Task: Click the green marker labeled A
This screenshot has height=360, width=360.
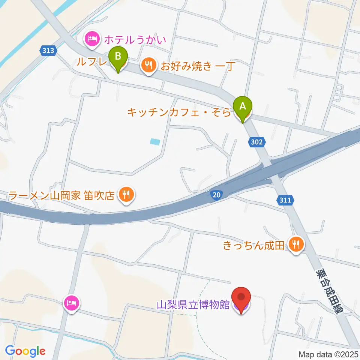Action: point(243,106)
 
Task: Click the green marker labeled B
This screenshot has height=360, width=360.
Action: point(118,58)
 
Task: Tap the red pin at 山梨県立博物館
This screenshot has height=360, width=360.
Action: point(241,298)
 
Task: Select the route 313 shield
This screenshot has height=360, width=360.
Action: point(48,50)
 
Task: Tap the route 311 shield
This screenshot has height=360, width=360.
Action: point(285,200)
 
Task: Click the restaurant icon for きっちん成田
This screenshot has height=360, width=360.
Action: point(296,245)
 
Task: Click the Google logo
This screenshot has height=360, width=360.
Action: point(25,351)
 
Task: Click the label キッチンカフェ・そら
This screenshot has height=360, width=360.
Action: point(178,111)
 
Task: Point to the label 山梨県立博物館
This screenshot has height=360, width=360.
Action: point(193,304)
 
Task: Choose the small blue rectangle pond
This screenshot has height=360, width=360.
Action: point(154,142)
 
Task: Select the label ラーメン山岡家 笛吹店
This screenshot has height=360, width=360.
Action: point(61,195)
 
